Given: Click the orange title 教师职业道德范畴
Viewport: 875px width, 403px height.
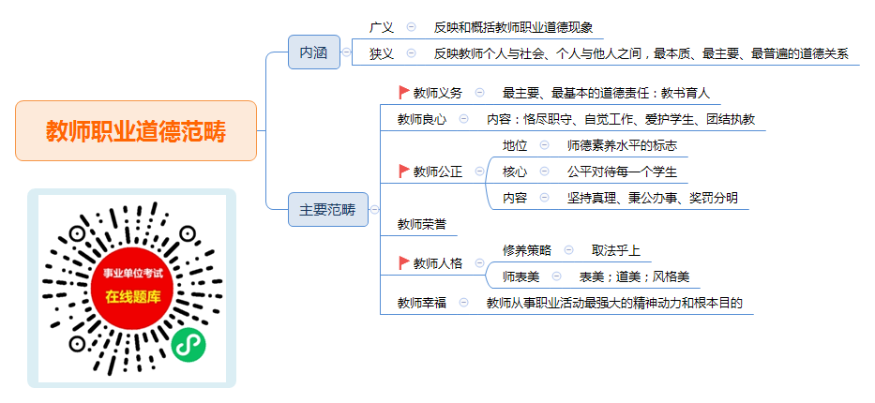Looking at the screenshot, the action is coord(136,131).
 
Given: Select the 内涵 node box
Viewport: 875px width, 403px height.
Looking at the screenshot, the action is coord(314,52).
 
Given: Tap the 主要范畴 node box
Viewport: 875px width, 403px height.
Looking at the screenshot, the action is coord(328,210).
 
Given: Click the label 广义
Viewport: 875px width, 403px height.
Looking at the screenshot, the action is coord(381,27).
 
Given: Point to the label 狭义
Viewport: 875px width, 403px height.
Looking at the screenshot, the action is coord(381,53).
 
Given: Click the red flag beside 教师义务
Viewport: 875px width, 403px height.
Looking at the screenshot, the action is coord(404,93).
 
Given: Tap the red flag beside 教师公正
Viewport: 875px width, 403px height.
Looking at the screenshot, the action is coord(404,172).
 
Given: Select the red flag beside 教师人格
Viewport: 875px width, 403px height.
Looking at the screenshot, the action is coord(404,262).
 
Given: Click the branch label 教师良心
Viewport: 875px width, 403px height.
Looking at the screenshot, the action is coord(422,119).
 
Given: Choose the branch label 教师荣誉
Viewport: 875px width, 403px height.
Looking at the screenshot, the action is coord(422,224).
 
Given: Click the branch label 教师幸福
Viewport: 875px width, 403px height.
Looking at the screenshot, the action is coord(422,303).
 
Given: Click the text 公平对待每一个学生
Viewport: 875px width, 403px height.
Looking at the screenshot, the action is coord(622,172).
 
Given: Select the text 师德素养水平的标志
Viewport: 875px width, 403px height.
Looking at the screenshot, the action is coord(622,145).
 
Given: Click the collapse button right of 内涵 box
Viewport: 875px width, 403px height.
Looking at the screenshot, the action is coord(347,52).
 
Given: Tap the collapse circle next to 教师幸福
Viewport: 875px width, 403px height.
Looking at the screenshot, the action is coord(463,303).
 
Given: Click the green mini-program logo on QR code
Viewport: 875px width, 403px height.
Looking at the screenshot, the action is coord(189,345).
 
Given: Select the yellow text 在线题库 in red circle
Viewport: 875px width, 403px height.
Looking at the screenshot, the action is coord(133,296).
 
